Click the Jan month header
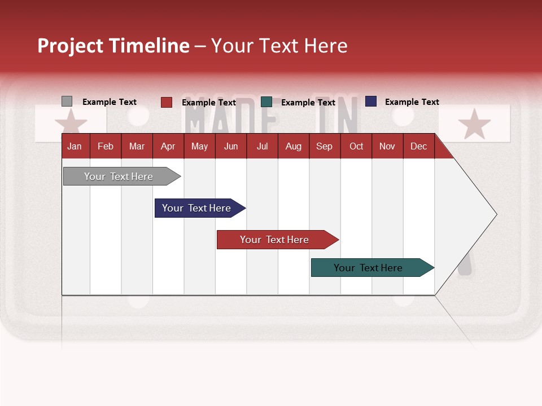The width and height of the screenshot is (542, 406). coord(75,147)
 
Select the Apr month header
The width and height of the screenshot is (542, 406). coord(168,147)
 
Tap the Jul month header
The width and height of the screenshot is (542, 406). coord(262,147)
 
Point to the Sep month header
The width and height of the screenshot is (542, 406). coord(324,147)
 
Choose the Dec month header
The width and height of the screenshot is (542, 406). coord(418,147)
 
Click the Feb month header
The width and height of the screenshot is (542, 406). coord(106,147)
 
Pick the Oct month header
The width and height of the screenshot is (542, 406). coord(356,147)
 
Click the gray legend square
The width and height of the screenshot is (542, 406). coord(67,101)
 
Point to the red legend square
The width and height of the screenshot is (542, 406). coord(167,102)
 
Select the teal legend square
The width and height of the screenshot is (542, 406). coord(266,102)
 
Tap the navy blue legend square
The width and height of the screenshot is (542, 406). coord(371,101)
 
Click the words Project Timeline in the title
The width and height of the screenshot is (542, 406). coord(113,46)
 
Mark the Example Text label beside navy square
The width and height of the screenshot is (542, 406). coord(412,102)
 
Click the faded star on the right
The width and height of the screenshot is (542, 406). coord(474,123)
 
